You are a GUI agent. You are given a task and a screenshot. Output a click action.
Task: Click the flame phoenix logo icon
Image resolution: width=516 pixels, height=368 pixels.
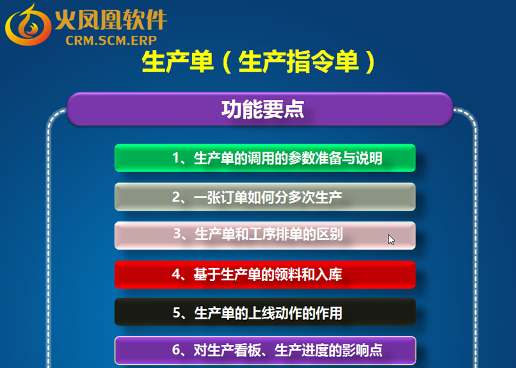[28, 25]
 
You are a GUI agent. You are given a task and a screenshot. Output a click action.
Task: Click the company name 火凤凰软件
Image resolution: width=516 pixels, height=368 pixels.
[111, 20]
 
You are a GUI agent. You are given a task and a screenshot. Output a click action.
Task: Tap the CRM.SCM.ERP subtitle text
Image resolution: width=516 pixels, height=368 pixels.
[111, 40]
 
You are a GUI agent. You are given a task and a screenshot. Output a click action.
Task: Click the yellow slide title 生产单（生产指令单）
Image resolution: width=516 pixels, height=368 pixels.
[259, 61]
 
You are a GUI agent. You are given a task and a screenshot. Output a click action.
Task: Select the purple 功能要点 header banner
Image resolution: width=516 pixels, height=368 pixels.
[260, 109]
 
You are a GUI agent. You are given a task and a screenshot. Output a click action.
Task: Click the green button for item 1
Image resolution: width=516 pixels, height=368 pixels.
[265, 158]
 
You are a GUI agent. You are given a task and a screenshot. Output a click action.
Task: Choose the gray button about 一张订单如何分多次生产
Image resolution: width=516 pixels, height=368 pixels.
[265, 196]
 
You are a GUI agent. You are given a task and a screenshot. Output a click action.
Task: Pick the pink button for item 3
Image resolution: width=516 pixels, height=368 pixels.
[265, 236]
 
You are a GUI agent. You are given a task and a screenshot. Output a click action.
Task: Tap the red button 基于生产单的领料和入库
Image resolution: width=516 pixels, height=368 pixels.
[265, 275]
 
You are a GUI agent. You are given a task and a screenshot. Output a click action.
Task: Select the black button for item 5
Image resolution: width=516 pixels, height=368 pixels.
[265, 312]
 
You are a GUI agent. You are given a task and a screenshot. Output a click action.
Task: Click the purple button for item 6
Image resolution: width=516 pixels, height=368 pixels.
[265, 350]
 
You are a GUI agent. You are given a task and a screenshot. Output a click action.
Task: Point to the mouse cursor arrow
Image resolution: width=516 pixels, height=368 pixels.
[391, 240]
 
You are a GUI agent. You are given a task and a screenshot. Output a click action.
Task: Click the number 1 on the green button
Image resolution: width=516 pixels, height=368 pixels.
[176, 158]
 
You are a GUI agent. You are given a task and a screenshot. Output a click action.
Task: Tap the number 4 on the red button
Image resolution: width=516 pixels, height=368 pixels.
[175, 275]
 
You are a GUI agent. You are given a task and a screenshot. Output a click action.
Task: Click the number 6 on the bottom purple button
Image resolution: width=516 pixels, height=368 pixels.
[176, 350]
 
